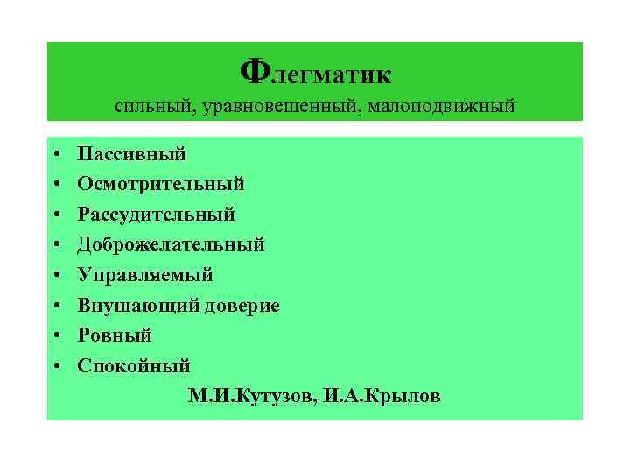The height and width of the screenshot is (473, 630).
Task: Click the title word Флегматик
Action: [316, 71]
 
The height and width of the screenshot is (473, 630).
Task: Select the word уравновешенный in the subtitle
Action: [267, 107]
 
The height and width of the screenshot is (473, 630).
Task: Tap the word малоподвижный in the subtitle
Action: [440, 107]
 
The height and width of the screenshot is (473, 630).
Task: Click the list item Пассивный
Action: [131, 154]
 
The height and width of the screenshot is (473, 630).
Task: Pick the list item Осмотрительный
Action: [161, 184]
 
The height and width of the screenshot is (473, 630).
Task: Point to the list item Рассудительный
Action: [156, 215]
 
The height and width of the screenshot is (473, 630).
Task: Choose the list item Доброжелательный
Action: [171, 245]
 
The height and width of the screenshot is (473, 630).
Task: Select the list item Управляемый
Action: [145, 275]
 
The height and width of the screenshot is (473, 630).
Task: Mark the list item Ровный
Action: [115, 335]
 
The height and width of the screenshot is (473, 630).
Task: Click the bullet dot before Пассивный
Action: [55, 155]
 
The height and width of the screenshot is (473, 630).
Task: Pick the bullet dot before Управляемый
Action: [55, 276]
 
